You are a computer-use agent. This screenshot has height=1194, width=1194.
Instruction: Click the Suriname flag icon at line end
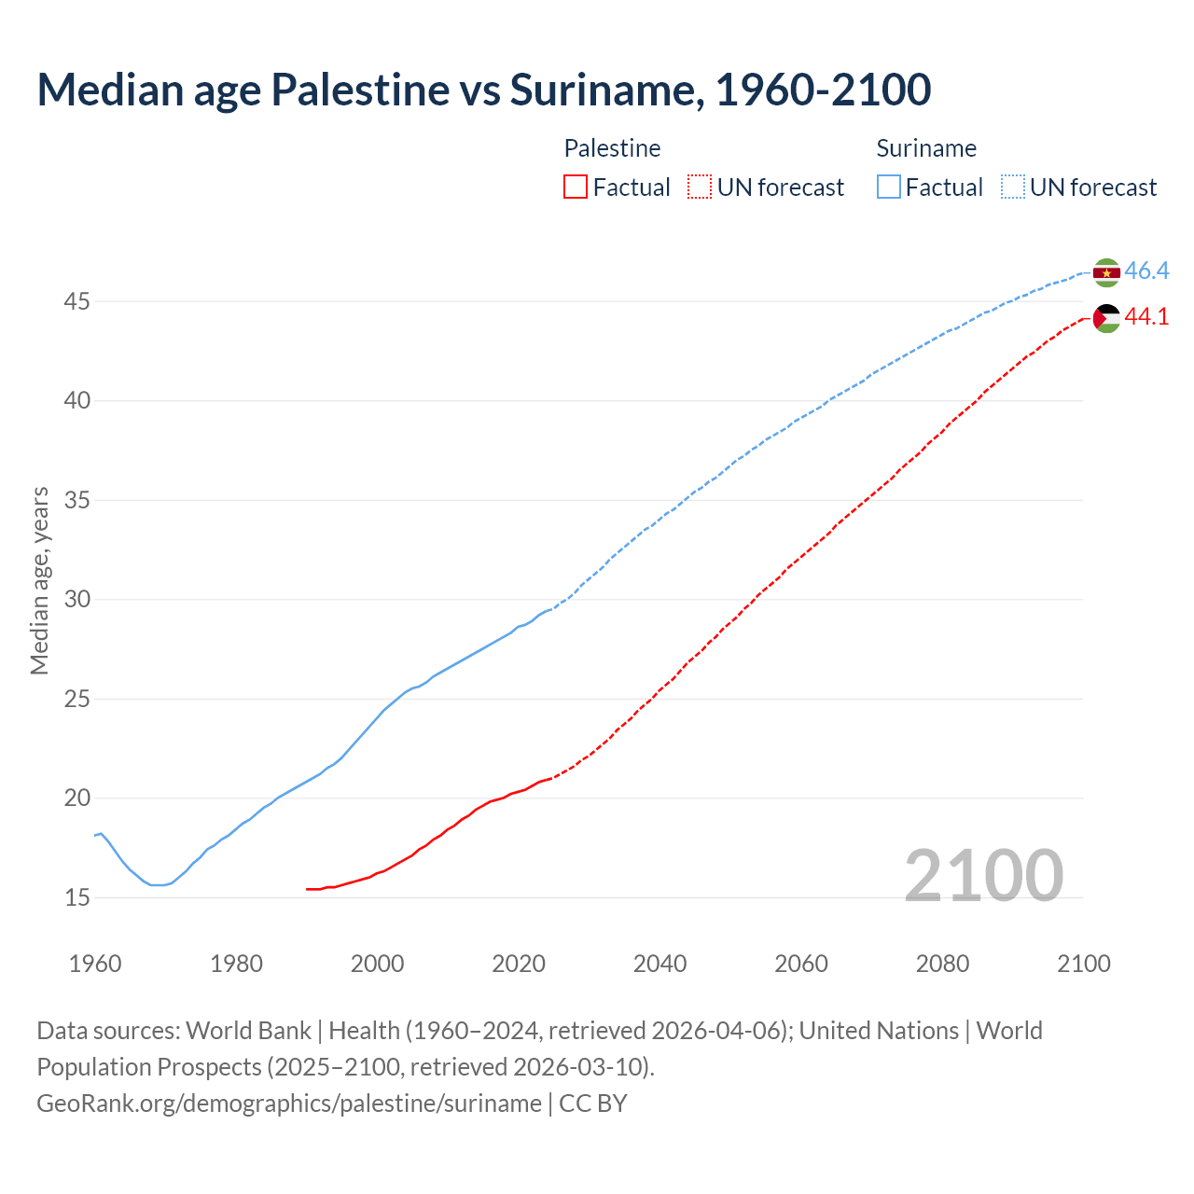pyautogui.click(x=1106, y=272)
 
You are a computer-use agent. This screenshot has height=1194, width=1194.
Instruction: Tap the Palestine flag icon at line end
pyautogui.click(x=1106, y=318)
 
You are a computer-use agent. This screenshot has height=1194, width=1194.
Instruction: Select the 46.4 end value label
pyautogui.click(x=1146, y=271)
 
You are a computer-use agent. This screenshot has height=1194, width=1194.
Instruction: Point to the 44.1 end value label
pyautogui.click(x=1146, y=317)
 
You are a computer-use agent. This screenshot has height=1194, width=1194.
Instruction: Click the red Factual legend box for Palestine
pyautogui.click(x=576, y=187)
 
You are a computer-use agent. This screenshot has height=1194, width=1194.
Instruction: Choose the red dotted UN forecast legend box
pyautogui.click(x=700, y=187)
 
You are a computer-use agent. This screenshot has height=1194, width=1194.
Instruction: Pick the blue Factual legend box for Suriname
pyautogui.click(x=889, y=187)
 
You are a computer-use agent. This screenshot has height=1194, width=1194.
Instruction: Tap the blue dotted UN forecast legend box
pyautogui.click(x=1013, y=187)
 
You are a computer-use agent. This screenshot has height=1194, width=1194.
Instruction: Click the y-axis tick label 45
pyautogui.click(x=76, y=301)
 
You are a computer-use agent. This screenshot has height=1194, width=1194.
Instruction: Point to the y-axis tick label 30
pyautogui.click(x=76, y=599)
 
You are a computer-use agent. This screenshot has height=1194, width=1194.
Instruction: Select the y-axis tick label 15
pyautogui.click(x=76, y=897)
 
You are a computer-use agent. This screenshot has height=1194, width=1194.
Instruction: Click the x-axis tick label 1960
pyautogui.click(x=95, y=964)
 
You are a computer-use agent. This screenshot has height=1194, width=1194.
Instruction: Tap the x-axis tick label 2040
pyautogui.click(x=659, y=964)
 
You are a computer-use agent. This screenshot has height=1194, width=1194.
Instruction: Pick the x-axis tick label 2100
pyautogui.click(x=1084, y=964)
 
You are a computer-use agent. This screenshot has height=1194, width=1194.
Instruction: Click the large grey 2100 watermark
pyautogui.click(x=984, y=875)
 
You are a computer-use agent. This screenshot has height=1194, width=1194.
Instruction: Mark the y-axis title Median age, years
pyautogui.click(x=39, y=580)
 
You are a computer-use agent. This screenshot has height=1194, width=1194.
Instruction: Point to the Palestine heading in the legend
pyautogui.click(x=612, y=148)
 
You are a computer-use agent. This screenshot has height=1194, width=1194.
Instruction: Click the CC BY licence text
pyautogui.click(x=593, y=1104)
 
